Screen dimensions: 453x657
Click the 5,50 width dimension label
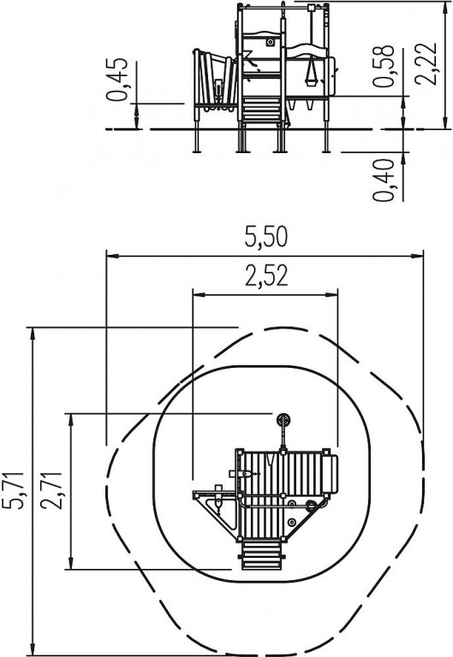pos(266,237)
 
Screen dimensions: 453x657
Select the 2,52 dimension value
pos(266,276)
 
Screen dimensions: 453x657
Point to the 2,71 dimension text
pos(52,490)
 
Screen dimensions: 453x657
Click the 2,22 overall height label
pos(426,62)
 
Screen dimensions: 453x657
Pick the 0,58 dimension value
pos(384,66)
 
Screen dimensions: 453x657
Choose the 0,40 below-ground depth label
pos(384,181)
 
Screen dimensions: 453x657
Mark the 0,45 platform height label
pos(117,80)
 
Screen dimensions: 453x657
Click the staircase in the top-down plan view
pos(261,555)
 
